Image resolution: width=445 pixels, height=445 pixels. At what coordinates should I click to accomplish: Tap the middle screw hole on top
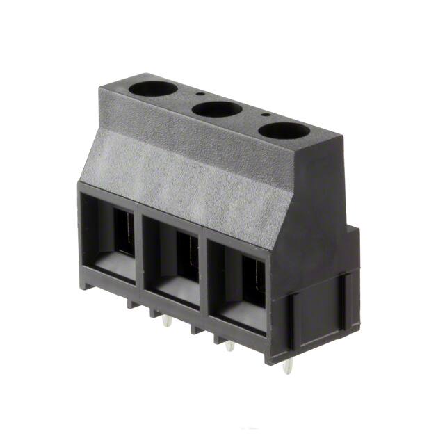click(x=216, y=109)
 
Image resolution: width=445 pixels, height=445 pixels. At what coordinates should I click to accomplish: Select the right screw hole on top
click(x=283, y=130)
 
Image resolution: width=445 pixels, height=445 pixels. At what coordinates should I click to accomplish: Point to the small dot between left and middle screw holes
click(x=200, y=94)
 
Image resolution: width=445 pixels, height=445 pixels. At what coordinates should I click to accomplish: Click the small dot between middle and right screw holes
click(x=265, y=114)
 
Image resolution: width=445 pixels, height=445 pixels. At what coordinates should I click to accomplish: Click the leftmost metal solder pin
click(x=166, y=321)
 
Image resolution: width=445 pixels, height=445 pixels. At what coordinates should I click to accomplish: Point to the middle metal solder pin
click(x=229, y=344)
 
